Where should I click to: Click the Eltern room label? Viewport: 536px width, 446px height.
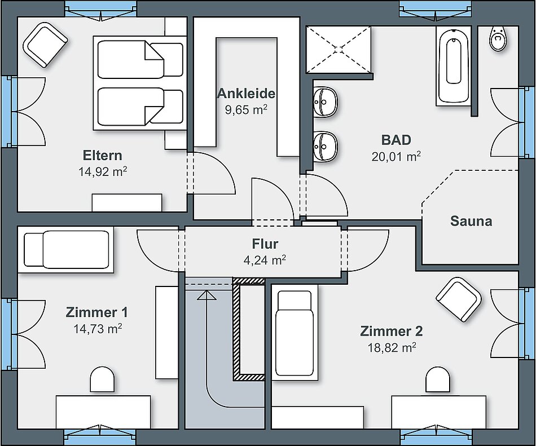102,156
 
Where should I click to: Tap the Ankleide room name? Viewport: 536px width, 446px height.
246,94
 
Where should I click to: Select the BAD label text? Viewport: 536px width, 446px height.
396,140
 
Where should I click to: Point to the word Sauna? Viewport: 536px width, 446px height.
471,222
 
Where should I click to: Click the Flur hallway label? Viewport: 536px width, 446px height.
265,244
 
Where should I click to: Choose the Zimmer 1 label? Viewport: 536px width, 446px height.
96,312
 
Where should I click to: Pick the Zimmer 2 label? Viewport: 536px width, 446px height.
392,332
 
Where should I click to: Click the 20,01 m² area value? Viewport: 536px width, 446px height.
396,156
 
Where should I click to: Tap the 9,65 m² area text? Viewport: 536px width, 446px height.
246,109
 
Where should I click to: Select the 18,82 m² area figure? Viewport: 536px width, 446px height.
392,348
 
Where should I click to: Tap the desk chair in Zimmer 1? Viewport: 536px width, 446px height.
103,379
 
